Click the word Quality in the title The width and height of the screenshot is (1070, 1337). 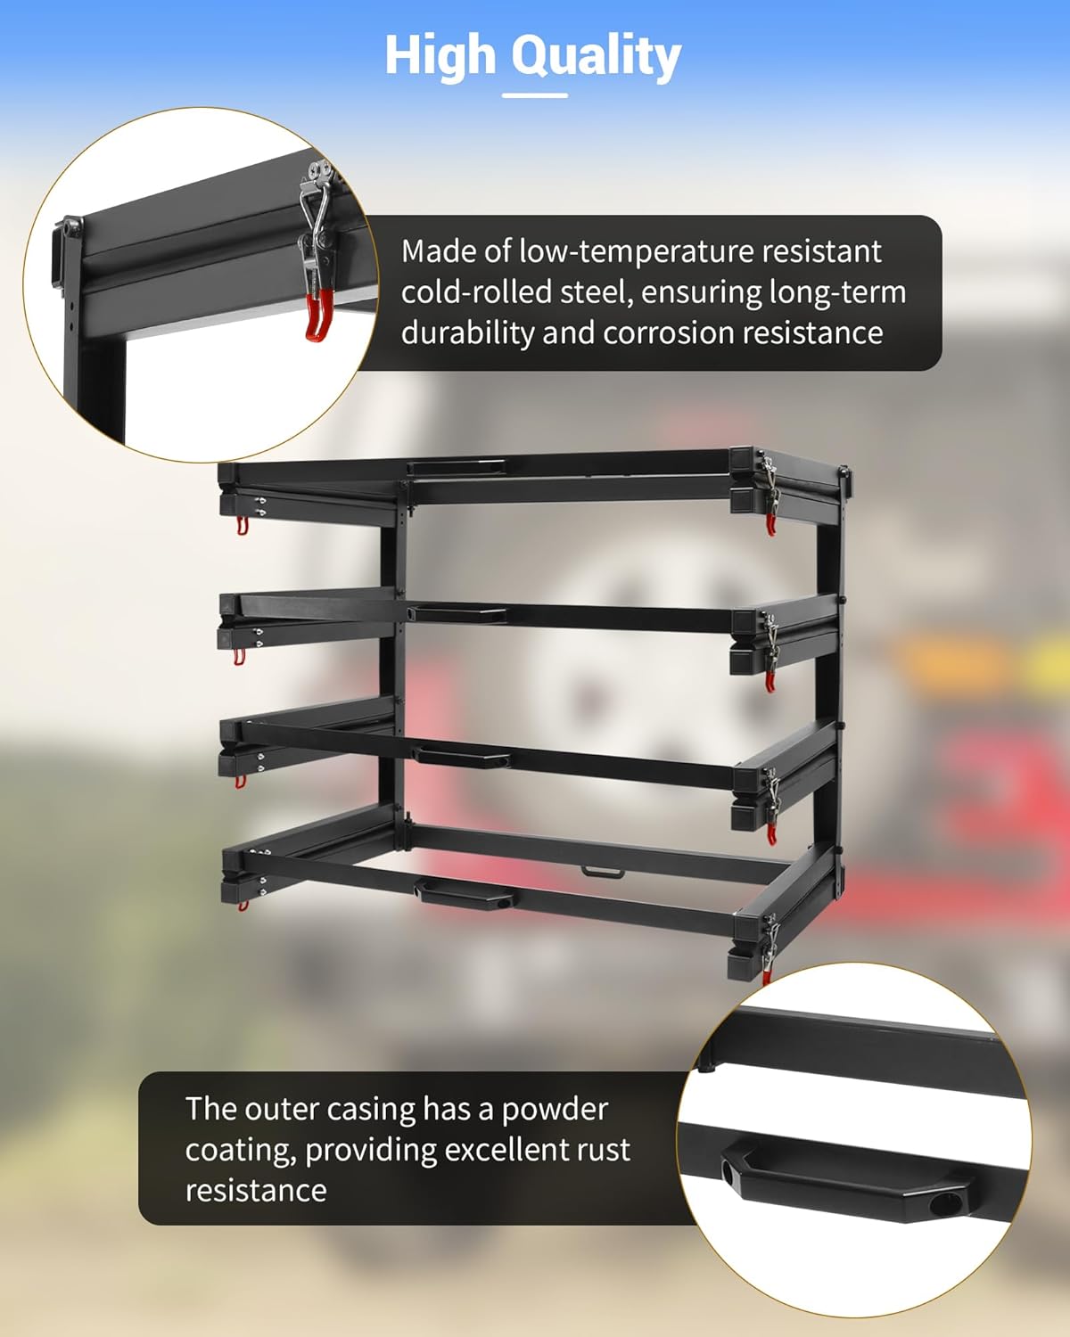click(597, 56)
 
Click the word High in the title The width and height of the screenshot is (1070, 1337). click(440, 55)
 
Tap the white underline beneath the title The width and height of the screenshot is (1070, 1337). click(534, 94)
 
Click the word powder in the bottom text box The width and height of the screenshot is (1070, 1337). click(555, 1110)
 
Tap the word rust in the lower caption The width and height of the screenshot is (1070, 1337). click(602, 1150)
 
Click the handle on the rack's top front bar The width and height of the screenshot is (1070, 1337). click(457, 467)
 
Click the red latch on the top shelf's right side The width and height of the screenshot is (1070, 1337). click(770, 525)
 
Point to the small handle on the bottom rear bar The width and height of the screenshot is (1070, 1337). click(603, 871)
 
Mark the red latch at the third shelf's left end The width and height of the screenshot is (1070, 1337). click(240, 782)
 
